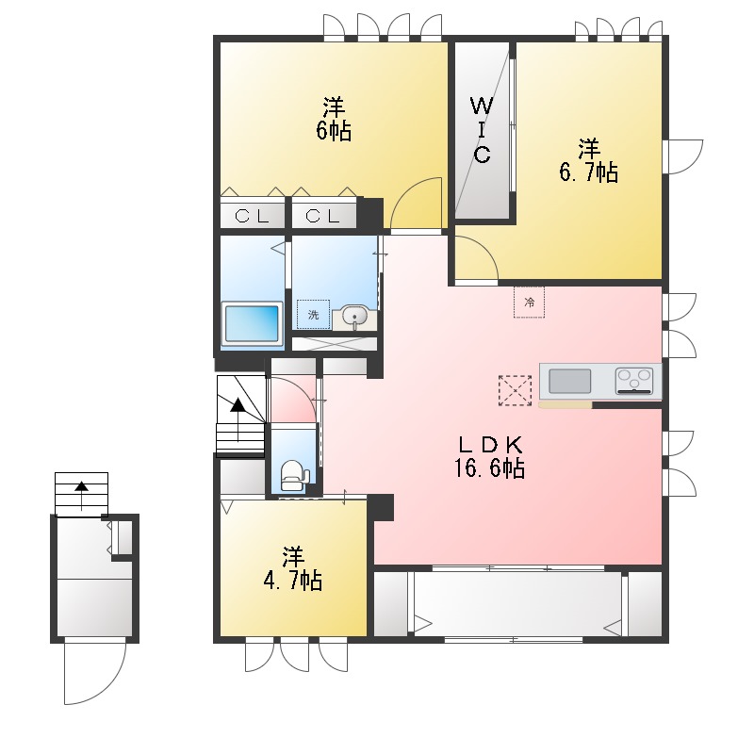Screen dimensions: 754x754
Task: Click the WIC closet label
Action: click(482, 130)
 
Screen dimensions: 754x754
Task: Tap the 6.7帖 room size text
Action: click(588, 172)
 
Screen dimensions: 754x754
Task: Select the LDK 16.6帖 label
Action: click(490, 457)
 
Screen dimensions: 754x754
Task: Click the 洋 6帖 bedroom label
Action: click(334, 120)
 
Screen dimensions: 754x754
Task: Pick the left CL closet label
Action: click(252, 217)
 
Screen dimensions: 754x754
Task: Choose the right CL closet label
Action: click(322, 217)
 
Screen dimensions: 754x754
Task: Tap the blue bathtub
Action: click(252, 323)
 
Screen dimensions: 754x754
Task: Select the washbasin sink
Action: click(355, 318)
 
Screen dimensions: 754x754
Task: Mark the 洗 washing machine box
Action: click(313, 315)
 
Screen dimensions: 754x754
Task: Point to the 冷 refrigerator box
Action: click(529, 302)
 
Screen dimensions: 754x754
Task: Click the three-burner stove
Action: click(634, 381)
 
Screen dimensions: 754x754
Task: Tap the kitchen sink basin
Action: click(570, 382)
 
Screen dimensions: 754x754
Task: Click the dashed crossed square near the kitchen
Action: click(516, 390)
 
